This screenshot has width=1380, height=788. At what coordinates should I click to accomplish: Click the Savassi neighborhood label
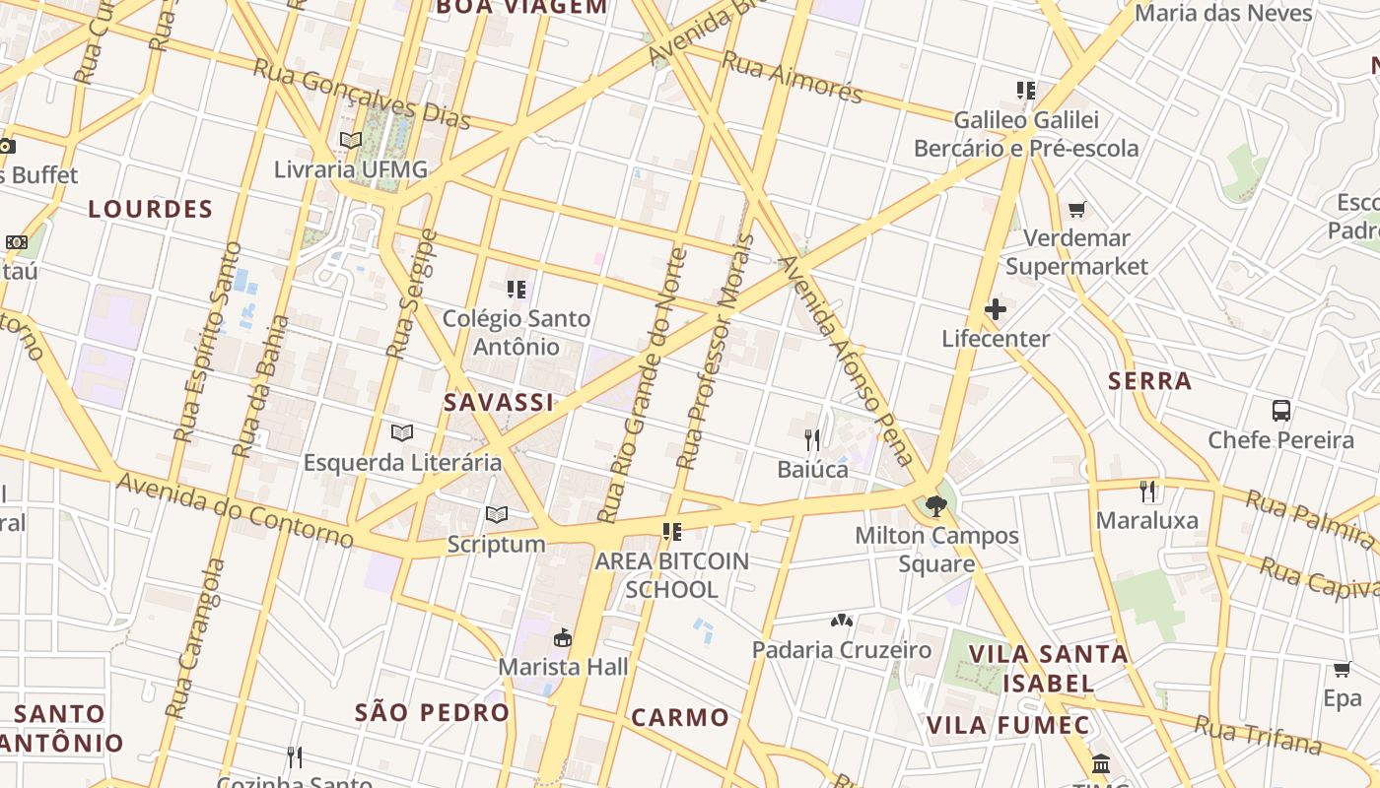click(498, 402)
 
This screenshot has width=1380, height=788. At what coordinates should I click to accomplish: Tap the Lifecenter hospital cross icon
click(996, 309)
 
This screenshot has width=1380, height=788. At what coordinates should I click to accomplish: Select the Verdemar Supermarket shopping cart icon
click(1077, 209)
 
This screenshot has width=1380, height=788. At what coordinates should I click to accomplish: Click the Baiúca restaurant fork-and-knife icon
click(812, 439)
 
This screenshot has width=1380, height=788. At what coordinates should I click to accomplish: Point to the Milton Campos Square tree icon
click(936, 506)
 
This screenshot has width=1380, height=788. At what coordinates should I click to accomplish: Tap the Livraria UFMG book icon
click(351, 140)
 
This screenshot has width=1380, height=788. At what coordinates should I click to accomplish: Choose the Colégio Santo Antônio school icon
click(517, 290)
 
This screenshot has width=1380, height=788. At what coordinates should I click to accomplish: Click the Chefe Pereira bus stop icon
click(1281, 411)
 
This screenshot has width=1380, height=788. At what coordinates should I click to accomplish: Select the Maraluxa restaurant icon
click(1147, 491)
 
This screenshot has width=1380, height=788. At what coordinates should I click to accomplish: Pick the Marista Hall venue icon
click(563, 638)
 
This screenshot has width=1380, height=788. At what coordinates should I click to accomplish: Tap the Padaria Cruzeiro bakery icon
click(841, 621)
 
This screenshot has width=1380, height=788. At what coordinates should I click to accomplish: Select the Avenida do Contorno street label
click(235, 508)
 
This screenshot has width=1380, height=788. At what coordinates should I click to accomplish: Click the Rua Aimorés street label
click(792, 77)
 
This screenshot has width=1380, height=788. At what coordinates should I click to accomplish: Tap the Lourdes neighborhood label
click(150, 209)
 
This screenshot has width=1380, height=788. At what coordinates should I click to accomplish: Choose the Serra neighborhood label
click(1149, 381)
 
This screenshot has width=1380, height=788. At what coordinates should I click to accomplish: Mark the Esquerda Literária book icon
click(401, 432)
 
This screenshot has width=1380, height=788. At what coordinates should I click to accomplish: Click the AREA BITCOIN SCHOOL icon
click(672, 532)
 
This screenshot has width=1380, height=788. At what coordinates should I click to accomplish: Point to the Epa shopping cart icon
click(1342, 670)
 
